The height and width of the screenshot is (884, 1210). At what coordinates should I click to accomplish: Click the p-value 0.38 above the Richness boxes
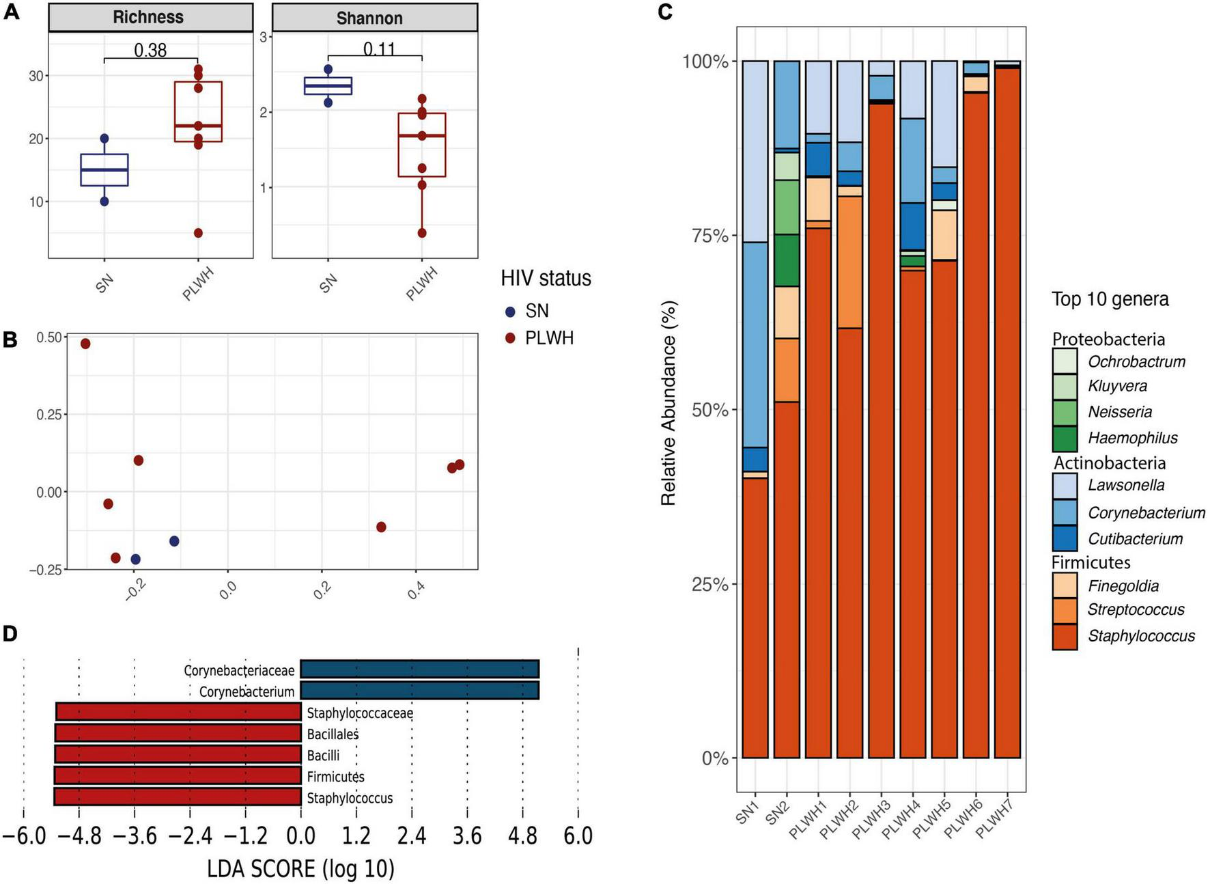click(x=150, y=50)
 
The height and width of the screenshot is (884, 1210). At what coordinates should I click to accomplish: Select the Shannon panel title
click(x=369, y=18)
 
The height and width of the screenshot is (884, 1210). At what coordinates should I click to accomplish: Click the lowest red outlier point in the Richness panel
click(x=198, y=233)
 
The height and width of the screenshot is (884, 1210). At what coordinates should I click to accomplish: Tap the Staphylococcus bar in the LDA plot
click(x=178, y=797)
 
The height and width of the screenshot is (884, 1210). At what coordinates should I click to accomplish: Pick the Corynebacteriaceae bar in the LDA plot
click(x=419, y=669)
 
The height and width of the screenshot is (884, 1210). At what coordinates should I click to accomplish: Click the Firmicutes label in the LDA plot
click(x=335, y=777)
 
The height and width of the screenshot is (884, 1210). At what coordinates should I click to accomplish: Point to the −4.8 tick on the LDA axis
click(x=79, y=835)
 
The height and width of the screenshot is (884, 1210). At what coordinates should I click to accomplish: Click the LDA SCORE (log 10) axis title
click(x=300, y=868)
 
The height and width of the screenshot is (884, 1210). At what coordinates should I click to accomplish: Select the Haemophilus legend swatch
click(x=1065, y=439)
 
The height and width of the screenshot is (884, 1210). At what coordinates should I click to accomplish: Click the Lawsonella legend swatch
click(x=1065, y=486)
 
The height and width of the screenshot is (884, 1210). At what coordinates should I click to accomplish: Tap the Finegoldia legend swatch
click(x=1065, y=585)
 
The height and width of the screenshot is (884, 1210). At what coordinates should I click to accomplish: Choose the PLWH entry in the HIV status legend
click(x=549, y=338)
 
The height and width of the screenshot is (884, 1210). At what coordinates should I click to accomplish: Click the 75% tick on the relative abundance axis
click(x=705, y=236)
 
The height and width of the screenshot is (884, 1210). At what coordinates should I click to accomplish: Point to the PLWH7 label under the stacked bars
click(x=997, y=819)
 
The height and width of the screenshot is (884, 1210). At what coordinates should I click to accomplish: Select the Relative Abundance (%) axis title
click(x=668, y=403)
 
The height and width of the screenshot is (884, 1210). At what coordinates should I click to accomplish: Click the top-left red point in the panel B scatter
click(x=85, y=344)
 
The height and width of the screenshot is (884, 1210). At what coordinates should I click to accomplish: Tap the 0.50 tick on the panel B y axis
click(x=48, y=337)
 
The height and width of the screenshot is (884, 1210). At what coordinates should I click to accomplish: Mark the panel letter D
click(x=10, y=633)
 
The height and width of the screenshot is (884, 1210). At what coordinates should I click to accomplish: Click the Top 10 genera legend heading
click(x=1110, y=299)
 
